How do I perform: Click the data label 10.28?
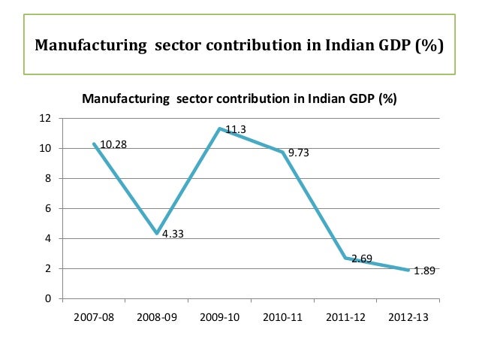113,144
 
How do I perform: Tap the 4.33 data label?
173,234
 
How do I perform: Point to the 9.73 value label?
299,153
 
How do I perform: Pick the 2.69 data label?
362,259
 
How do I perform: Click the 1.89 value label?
426,271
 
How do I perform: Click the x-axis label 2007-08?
95,318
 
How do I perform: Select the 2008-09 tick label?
158,318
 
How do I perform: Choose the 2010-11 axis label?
283,318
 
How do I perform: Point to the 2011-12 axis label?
346,318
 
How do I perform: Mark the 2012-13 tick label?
408,318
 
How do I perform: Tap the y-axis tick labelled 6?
48,209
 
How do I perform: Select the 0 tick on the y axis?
48,299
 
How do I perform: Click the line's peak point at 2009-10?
220,129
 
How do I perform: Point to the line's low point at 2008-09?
157,234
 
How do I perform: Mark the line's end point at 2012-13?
408,271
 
